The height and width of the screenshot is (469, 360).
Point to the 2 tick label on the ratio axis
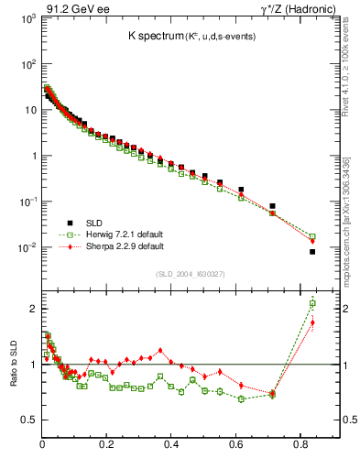point(33,309)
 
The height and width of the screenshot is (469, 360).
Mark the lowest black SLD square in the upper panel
point(312,252)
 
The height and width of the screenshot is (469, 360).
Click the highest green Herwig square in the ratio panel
point(312,303)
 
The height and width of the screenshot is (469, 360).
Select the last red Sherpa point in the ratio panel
point(312,322)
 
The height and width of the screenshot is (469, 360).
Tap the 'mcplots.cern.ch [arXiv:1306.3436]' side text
point(352,211)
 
